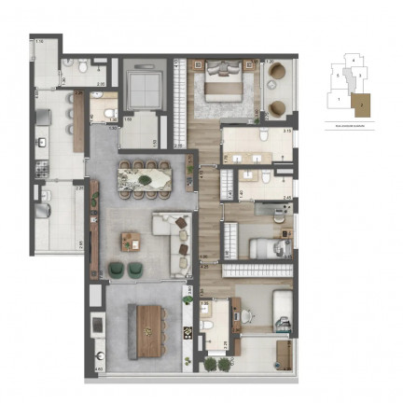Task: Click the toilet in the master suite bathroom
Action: coord(265,138)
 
